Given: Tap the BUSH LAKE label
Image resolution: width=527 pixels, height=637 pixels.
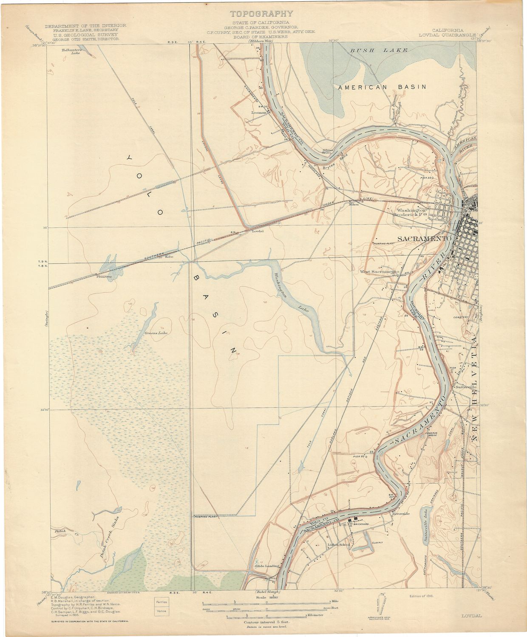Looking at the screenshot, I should pyautogui.click(x=378, y=51).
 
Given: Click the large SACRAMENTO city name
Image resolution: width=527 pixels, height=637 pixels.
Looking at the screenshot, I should pyautogui.click(x=423, y=239).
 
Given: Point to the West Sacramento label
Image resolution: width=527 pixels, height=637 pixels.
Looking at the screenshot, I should pyautogui.click(x=379, y=271).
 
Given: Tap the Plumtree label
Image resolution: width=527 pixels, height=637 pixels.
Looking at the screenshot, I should pyautogui.click(x=104, y=276).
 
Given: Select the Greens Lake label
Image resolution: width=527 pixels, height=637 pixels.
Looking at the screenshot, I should pyautogui.click(x=156, y=333).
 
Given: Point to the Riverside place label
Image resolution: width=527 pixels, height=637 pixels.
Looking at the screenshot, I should pyautogui.click(x=401, y=514).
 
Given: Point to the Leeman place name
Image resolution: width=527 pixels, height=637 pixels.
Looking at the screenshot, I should pyautogui.click(x=258, y=113).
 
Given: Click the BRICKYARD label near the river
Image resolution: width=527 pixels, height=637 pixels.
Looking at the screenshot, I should pyautogui.click(x=361, y=524).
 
